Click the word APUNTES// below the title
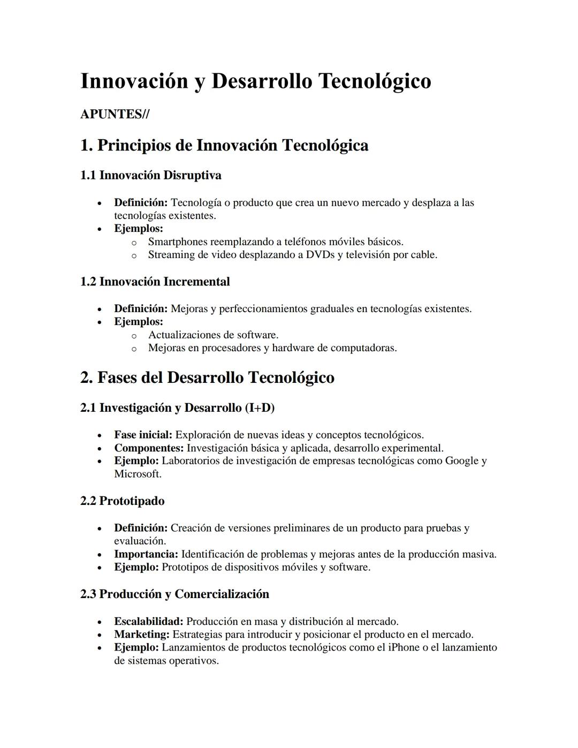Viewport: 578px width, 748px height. pyautogui.click(x=115, y=114)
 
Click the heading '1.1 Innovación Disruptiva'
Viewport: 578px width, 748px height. pyautogui.click(x=150, y=175)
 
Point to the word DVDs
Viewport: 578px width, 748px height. pyautogui.click(x=320, y=254)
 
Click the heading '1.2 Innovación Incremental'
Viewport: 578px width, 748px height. pyautogui.click(x=155, y=282)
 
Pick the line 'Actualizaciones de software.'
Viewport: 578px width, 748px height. pyautogui.click(x=213, y=335)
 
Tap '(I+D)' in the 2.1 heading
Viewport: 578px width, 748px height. pyautogui.click(x=260, y=407)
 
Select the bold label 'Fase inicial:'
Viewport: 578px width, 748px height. pyautogui.click(x=143, y=435)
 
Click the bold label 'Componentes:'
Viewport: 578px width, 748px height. pyautogui.click(x=149, y=448)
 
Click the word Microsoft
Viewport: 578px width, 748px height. pyautogui.click(x=138, y=474)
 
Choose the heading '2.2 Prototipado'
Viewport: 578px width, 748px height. pyautogui.click(x=122, y=501)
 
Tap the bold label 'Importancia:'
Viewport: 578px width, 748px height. pyautogui.click(x=146, y=554)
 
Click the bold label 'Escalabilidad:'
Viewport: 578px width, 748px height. pyautogui.click(x=149, y=621)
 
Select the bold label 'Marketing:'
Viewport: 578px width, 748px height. pyautogui.click(x=142, y=634)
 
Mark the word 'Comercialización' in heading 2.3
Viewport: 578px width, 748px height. pyautogui.click(x=222, y=594)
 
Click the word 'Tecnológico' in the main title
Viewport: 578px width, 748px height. pyautogui.click(x=375, y=81)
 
